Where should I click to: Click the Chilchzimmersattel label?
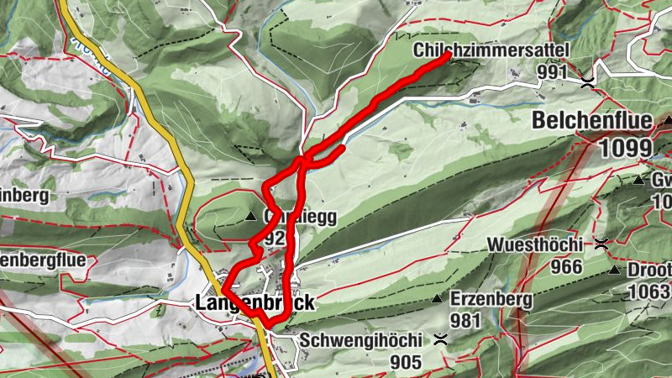491,51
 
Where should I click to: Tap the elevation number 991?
554,73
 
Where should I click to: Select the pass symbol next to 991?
587,81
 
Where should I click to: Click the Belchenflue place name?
591,121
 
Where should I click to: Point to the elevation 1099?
626,149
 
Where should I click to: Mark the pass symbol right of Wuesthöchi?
601,244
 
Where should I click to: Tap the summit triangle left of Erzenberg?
437,299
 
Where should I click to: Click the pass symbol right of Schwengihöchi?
439,340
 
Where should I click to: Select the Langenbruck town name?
255,302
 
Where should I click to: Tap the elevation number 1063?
649,291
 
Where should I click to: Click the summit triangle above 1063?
616,270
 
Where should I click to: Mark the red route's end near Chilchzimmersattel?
447,55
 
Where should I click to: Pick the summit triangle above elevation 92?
251,218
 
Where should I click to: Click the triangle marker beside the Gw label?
638,180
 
